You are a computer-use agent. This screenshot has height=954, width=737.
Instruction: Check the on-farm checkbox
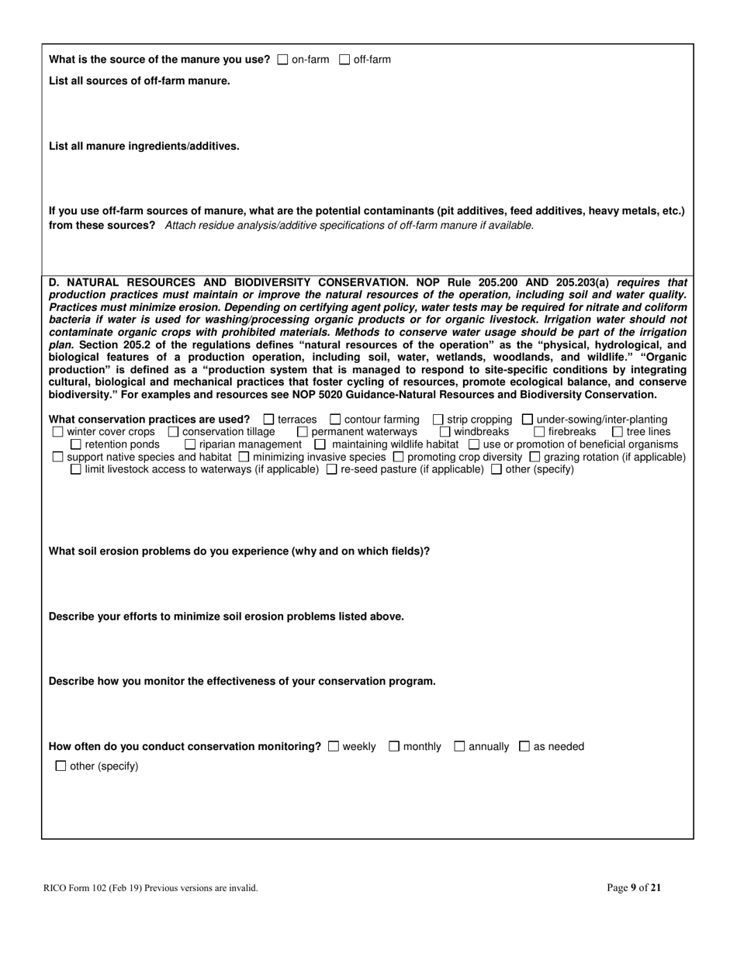pyautogui.click(x=282, y=60)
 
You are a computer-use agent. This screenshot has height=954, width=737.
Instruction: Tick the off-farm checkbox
pyautogui.click(x=345, y=60)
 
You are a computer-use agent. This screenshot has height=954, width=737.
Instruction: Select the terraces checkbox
pyautogui.click(x=269, y=420)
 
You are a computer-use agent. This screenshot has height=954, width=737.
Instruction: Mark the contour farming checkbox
pyautogui.click(x=335, y=420)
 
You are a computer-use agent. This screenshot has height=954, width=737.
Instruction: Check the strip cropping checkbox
pyautogui.click(x=438, y=420)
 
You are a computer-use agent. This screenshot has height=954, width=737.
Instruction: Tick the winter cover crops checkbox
pyautogui.click(x=57, y=432)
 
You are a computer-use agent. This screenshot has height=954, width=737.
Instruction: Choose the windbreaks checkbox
pyautogui.click(x=445, y=432)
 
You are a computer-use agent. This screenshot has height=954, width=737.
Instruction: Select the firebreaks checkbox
pyautogui.click(x=539, y=432)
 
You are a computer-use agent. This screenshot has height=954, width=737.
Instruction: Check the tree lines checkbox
pyautogui.click(x=618, y=432)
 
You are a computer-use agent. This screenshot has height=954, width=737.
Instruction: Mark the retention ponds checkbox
pyautogui.click(x=76, y=444)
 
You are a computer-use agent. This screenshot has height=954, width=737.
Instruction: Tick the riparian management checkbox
pyautogui.click(x=190, y=444)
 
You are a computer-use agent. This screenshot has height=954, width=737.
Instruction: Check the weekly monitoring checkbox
pyautogui.click(x=334, y=746)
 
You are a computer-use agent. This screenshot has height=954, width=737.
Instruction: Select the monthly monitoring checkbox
pyautogui.click(x=394, y=746)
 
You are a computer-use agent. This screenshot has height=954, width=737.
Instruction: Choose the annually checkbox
pyautogui.click(x=459, y=746)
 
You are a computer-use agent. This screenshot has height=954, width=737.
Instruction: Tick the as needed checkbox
pyautogui.click(x=524, y=746)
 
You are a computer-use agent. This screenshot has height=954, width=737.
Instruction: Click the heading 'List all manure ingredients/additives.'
pyautogui.click(x=144, y=146)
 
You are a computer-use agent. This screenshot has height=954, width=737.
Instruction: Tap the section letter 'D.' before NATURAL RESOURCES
pyautogui.click(x=54, y=282)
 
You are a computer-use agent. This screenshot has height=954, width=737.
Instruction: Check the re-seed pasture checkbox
pyautogui.click(x=332, y=469)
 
